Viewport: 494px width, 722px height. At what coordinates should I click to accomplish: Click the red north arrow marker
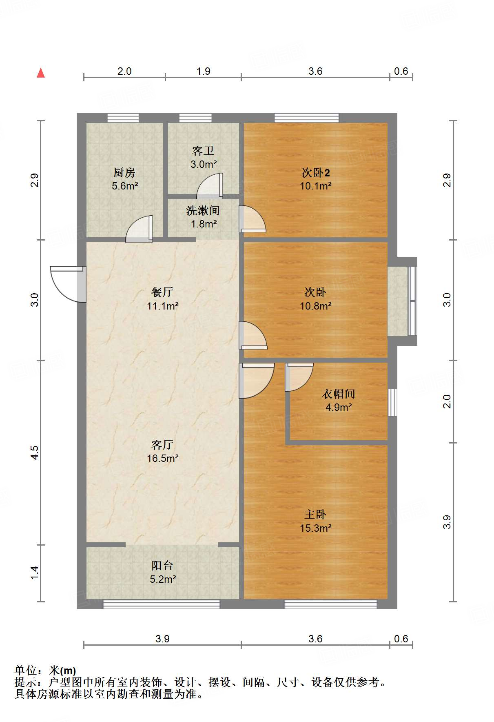pos(41,73)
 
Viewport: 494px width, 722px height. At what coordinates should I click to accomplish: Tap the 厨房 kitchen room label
pos(124,173)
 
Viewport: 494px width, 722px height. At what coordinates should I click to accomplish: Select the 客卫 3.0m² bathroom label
pos(203,158)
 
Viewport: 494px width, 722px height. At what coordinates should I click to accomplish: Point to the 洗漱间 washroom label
pos(203,211)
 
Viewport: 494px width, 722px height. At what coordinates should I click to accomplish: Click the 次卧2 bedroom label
pos(315,173)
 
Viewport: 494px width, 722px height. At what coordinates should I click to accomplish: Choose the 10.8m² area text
pos(315,306)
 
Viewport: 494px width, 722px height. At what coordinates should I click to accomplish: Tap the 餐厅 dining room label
pos(162,292)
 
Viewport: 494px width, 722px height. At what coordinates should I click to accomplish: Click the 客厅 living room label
pos(162,445)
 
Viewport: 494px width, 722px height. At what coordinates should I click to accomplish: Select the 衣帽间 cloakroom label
pos(339,394)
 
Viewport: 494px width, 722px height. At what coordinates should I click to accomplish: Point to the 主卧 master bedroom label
pos(315,515)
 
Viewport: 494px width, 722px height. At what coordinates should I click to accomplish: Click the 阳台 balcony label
pos(162,566)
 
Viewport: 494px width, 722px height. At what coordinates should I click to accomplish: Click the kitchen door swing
pos(139,229)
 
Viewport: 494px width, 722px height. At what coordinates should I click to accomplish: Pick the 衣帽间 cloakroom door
pos(299,377)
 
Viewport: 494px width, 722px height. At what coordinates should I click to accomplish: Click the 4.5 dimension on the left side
pos(35,452)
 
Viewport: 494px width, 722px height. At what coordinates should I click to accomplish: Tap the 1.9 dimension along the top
pos(203,71)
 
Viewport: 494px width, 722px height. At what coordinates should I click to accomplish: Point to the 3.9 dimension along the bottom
pos(162,639)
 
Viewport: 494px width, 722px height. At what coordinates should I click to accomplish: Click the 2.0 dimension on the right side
pos(447,401)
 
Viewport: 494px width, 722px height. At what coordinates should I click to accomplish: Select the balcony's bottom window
pos(161,604)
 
